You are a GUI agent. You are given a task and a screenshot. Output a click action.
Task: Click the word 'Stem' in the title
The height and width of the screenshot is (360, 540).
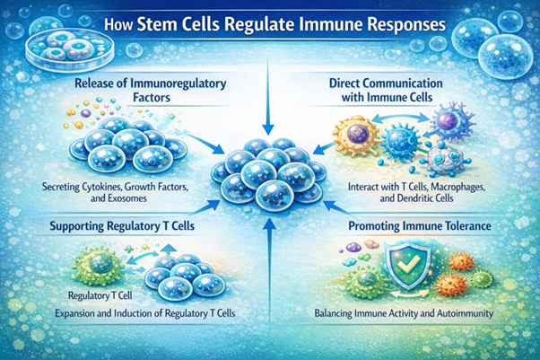click(176, 24)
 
